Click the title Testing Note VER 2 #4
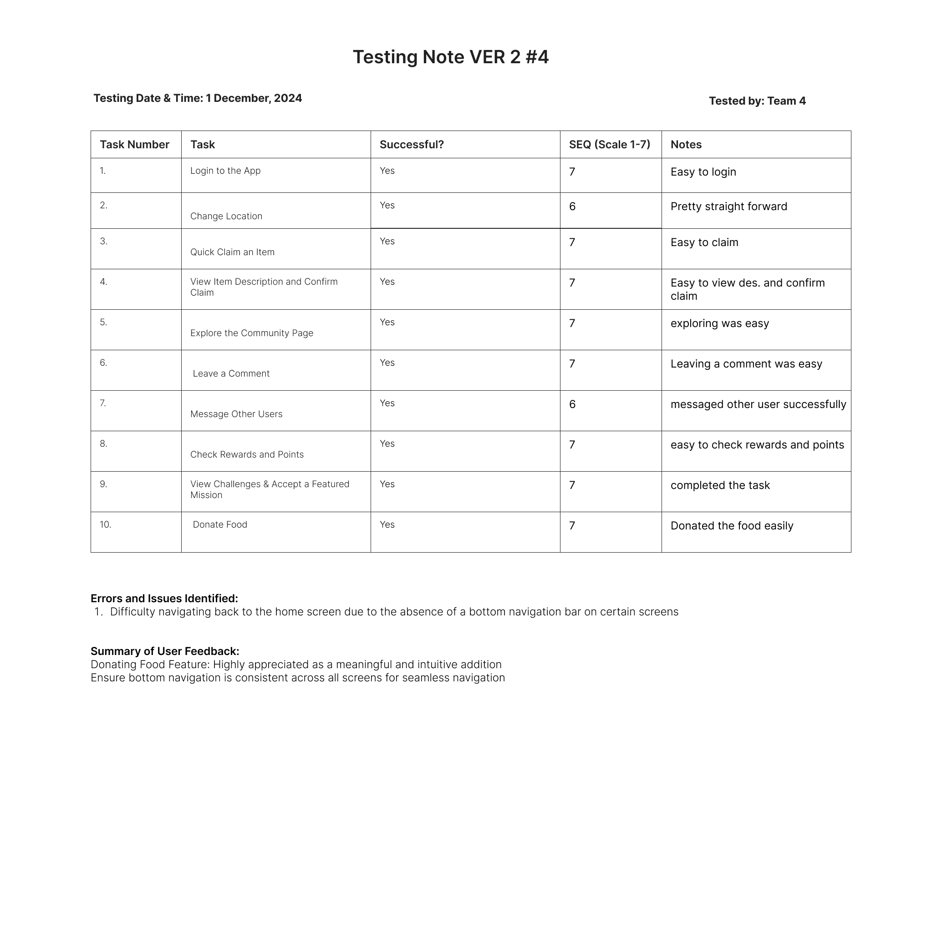click(450, 57)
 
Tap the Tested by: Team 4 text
click(757, 101)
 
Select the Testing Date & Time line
click(197, 98)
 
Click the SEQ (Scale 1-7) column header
click(609, 144)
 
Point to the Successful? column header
click(411, 144)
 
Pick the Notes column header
click(686, 144)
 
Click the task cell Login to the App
click(225, 171)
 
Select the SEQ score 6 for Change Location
click(572, 207)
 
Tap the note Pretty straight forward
click(728, 207)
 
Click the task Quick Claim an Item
click(232, 252)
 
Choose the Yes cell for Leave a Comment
click(387, 363)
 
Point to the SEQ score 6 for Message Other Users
click(572, 404)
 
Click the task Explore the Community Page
click(251, 333)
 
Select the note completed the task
click(719, 485)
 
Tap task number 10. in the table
click(106, 525)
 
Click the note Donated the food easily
click(731, 526)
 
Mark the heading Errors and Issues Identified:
click(164, 598)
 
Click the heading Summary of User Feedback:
click(165, 651)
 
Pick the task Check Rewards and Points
click(247, 454)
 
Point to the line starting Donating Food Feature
click(296, 664)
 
